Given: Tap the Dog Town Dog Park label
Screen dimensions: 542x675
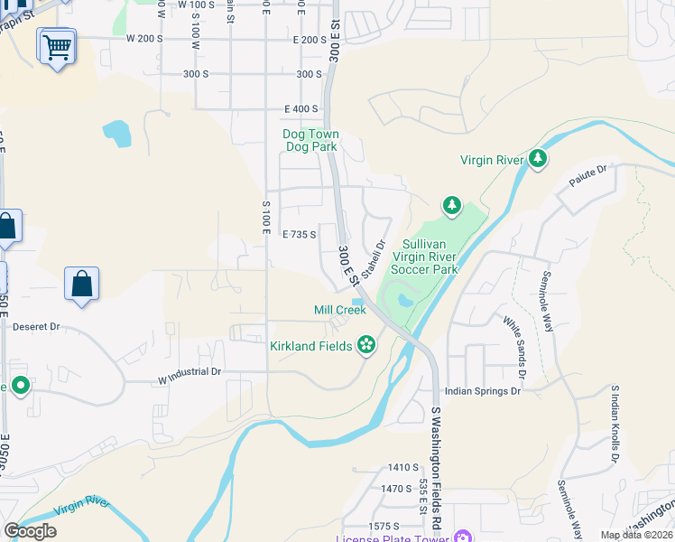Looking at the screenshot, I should [x=310, y=140].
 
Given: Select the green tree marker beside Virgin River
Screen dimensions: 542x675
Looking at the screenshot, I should [x=539, y=160].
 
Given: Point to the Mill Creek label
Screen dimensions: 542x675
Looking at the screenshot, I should [x=339, y=310].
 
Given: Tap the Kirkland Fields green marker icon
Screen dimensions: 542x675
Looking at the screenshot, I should [x=366, y=344].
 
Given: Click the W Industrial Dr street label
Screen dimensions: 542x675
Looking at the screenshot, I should [x=190, y=371].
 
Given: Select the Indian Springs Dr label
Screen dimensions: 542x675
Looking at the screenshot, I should [x=484, y=391].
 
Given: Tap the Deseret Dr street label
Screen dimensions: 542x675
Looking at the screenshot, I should [x=36, y=326].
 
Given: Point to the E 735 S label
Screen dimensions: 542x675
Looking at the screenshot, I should [x=299, y=234].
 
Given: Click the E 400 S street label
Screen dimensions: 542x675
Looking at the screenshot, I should [x=301, y=108].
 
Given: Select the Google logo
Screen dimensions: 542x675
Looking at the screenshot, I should [x=30, y=530].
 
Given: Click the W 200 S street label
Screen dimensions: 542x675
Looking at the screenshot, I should [x=144, y=39].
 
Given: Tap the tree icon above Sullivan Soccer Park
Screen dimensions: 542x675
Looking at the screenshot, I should [x=452, y=207].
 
